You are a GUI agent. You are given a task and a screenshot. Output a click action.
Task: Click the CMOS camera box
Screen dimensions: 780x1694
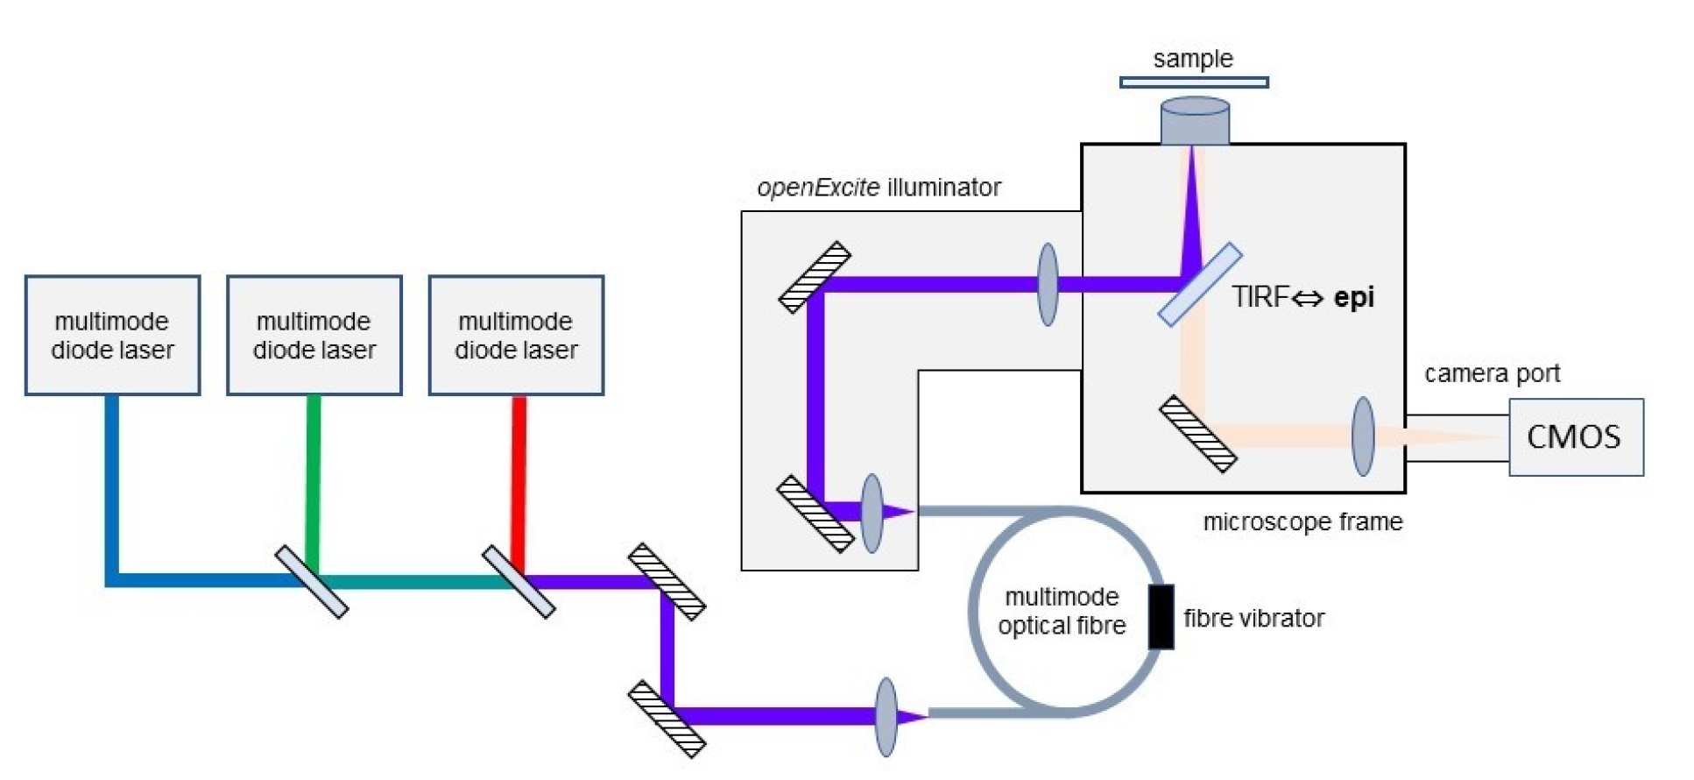pyautogui.click(x=1575, y=436)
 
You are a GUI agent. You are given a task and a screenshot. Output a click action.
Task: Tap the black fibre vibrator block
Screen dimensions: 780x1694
pyautogui.click(x=1161, y=617)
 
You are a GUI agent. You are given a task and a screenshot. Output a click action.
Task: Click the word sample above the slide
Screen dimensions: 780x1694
pyautogui.click(x=1193, y=59)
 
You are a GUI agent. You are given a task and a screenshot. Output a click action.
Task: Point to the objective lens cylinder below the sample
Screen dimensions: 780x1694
pyautogui.click(x=1194, y=121)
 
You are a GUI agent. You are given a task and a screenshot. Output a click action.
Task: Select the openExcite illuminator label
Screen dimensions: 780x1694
pyautogui.click(x=879, y=188)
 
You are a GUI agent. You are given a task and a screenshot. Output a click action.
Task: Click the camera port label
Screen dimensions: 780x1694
pyautogui.click(x=1492, y=373)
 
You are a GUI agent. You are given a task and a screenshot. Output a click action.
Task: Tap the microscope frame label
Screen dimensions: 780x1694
pyautogui.click(x=1302, y=522)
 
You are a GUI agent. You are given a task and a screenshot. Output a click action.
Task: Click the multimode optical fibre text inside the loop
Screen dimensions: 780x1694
pyautogui.click(x=1062, y=612)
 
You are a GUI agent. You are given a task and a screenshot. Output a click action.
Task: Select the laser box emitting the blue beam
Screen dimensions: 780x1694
pyautogui.click(x=112, y=336)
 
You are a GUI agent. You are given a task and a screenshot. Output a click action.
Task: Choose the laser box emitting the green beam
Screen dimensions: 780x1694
pyautogui.click(x=314, y=336)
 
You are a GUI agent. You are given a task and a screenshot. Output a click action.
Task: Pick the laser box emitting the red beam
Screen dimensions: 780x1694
pyautogui.click(x=516, y=336)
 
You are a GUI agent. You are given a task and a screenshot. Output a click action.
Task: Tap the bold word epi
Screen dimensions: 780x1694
pyautogui.click(x=1353, y=298)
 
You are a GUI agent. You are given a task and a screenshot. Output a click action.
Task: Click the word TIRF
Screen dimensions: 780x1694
pyautogui.click(x=1260, y=298)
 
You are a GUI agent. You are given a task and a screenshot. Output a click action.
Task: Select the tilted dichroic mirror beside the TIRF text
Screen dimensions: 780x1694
pyautogui.click(x=1199, y=285)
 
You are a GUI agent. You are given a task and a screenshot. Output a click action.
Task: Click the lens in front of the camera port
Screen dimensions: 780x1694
pyautogui.click(x=1363, y=436)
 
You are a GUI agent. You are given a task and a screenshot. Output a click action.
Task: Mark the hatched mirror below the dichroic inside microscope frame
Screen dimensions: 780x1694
pyautogui.click(x=1197, y=435)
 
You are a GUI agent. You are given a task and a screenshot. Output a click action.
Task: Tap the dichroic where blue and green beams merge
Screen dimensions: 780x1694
pyautogui.click(x=311, y=582)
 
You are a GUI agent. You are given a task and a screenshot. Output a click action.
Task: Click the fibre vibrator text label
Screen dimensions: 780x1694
pyautogui.click(x=1253, y=619)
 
